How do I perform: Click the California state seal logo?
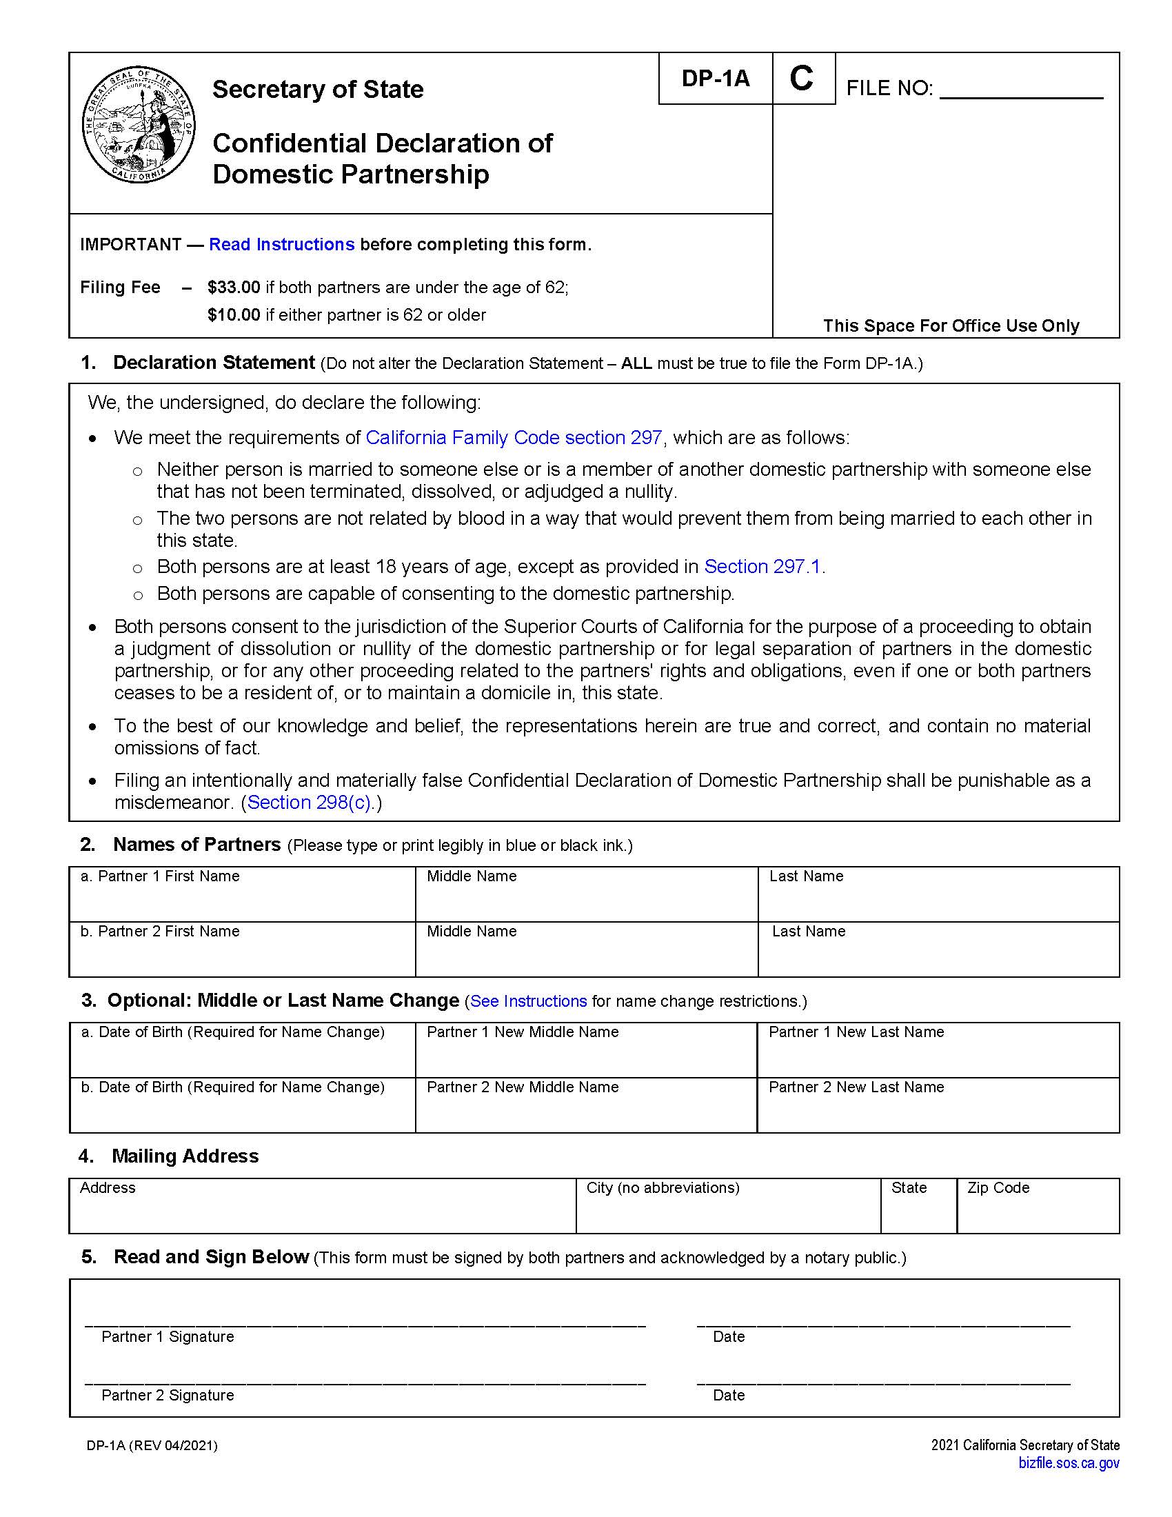[139, 125]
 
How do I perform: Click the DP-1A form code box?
[715, 79]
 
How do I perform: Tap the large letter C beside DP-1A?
[802, 79]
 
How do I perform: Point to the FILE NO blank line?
[1020, 90]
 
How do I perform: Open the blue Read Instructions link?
[281, 245]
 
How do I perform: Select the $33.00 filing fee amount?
[234, 288]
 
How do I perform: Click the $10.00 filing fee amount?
[234, 315]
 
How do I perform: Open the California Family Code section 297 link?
[514, 438]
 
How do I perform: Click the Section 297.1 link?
[765, 567]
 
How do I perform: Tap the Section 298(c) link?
[310, 802]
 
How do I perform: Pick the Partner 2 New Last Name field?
[938, 1112]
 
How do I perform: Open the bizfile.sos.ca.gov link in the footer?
[1069, 1463]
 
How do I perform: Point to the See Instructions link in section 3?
[528, 1002]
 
